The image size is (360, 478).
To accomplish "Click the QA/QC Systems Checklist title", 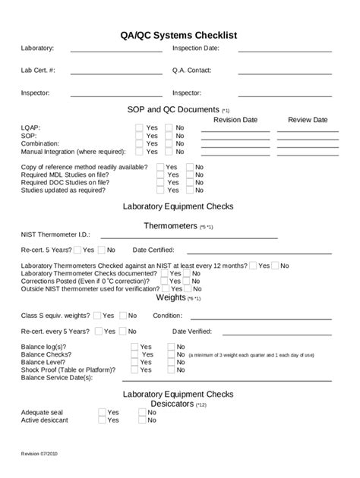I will (179, 35).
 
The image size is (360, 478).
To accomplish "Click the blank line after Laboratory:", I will (115, 51).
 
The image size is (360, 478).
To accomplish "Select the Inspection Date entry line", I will (285, 51).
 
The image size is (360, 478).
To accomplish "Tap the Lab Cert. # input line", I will (115, 73).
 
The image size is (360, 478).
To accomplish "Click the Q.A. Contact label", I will (191, 71).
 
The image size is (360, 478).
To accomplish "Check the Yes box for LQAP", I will (139, 128).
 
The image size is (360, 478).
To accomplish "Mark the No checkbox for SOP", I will (169, 136).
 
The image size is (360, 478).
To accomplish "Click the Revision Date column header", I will (235, 120).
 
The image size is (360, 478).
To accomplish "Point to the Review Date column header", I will (307, 120).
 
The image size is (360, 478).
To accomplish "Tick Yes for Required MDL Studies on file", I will (160, 175).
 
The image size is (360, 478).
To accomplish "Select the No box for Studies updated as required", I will (190, 190).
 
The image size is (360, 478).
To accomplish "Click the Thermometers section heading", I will (171, 226).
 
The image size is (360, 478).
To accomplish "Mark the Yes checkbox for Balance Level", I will (134, 362).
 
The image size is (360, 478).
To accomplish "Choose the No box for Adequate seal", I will (142, 412).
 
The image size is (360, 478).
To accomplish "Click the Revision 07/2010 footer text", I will (38, 453).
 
